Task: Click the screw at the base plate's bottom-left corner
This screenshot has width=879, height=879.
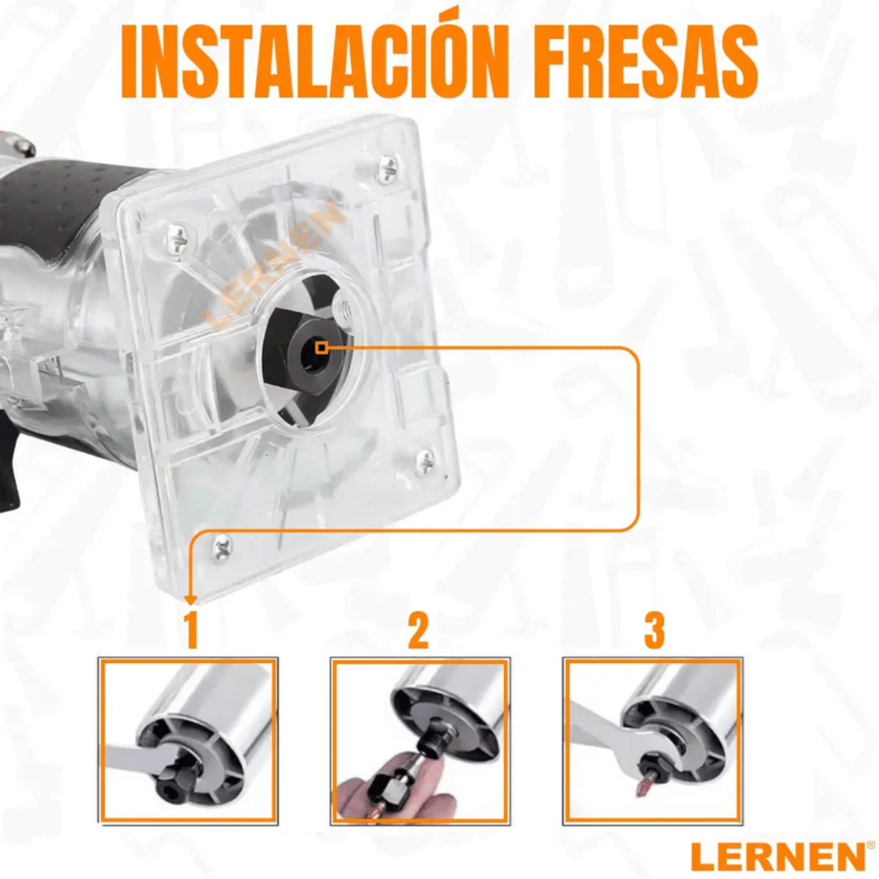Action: [x=221, y=546]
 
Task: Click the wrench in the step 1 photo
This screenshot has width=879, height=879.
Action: [x=132, y=758]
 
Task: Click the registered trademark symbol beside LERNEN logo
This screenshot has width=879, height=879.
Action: [x=870, y=845]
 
